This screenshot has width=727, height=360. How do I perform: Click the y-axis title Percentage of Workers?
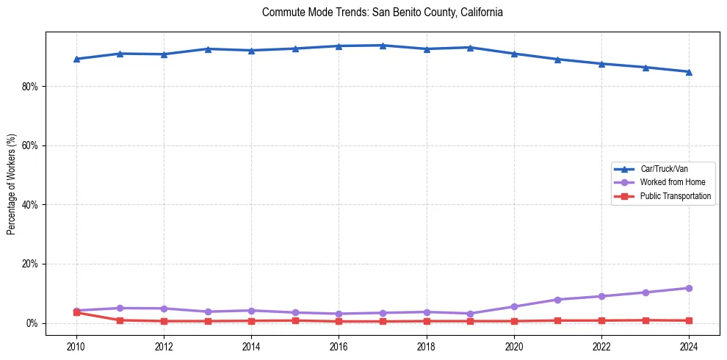[x=11, y=184]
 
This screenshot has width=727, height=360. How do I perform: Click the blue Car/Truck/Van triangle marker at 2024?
[x=689, y=71]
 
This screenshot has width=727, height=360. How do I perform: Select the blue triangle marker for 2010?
[x=76, y=59]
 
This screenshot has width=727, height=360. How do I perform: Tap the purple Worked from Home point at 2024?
[x=689, y=288]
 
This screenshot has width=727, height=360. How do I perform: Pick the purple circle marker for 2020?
[x=514, y=306]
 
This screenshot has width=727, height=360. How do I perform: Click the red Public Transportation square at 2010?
[x=76, y=312]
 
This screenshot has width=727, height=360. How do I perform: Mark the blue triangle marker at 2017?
[x=383, y=46]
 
